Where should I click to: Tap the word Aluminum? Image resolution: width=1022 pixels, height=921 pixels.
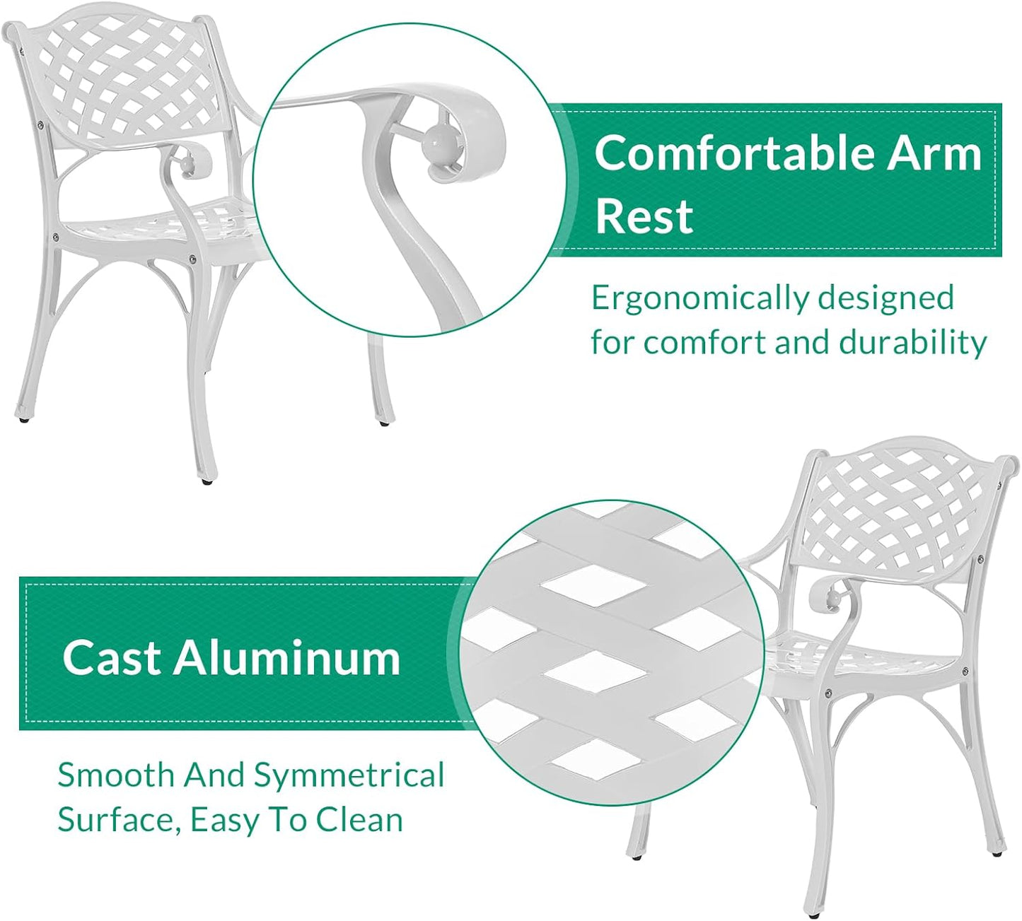pyautogui.click(x=287, y=657)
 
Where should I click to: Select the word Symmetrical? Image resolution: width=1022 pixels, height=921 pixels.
pyautogui.click(x=349, y=775)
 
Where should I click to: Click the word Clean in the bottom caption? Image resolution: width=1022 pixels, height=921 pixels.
pyautogui.click(x=359, y=820)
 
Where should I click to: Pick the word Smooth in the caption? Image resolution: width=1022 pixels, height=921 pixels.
pyautogui.click(x=115, y=775)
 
